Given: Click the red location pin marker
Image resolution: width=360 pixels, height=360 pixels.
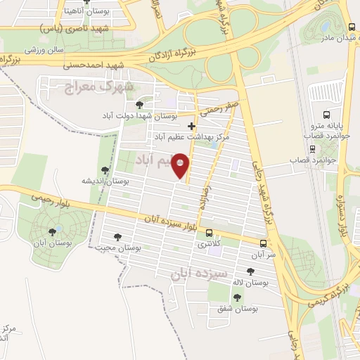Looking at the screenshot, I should [x=181, y=166].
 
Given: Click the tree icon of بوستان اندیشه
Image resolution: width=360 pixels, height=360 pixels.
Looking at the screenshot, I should [x=105, y=169].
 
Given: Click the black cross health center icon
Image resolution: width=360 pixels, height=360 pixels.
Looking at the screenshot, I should [x=191, y=127].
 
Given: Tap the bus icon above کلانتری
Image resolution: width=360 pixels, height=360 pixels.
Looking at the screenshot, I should [x=209, y=233].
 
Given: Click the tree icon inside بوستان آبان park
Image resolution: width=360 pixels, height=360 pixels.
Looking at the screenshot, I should [x=51, y=232].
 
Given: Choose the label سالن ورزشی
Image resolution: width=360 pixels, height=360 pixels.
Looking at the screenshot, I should [x=46, y=50].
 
